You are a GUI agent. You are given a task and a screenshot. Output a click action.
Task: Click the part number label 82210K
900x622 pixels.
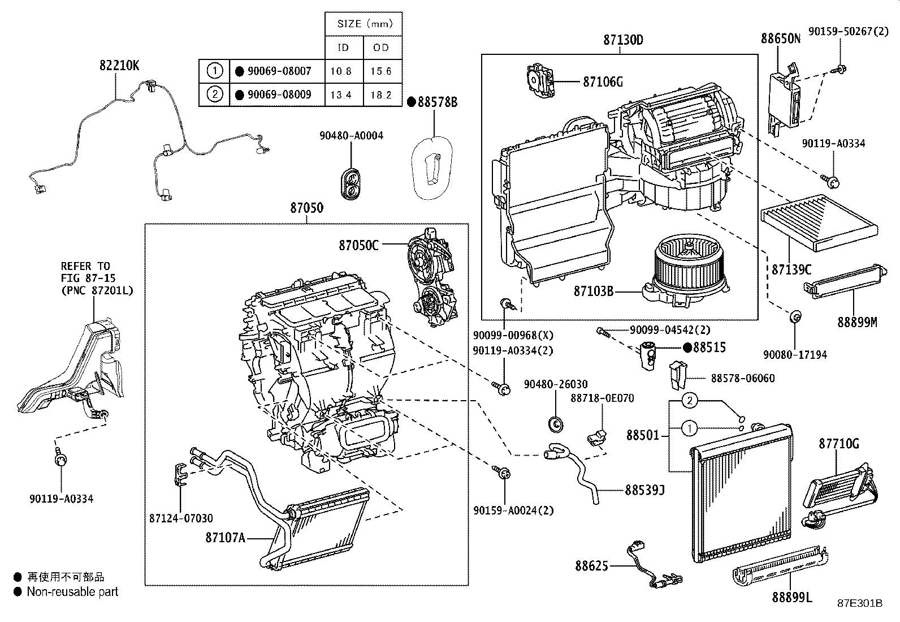point(119,65)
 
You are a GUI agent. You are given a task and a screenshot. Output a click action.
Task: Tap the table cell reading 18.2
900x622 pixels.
point(381,95)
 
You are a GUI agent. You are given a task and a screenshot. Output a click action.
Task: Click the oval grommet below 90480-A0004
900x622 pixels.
point(351,182)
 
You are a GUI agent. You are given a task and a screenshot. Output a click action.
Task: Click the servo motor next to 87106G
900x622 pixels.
point(540,81)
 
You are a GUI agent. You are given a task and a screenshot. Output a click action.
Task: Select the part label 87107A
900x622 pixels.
point(225,538)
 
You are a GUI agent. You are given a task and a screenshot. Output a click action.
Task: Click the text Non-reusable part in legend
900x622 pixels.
point(72,592)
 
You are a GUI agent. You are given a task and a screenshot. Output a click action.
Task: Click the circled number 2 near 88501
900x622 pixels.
point(689,401)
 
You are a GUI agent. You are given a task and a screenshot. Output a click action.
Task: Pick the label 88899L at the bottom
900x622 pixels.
point(791,597)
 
